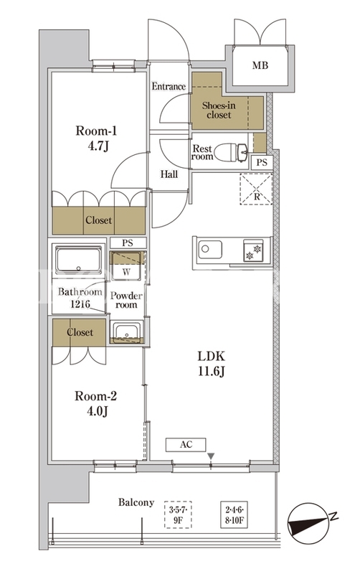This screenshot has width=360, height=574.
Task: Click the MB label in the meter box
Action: (260, 65)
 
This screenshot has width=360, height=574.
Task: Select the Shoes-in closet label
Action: (219, 110)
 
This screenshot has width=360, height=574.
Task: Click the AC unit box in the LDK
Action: (186, 445)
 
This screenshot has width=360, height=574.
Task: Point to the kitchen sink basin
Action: (210, 249)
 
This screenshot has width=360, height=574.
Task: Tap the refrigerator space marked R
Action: (256, 189)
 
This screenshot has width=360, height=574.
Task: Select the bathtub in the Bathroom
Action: (79, 260)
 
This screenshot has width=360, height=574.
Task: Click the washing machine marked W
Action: (126, 265)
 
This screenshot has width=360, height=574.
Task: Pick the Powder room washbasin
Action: (127, 332)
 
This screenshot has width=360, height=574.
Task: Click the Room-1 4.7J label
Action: (96, 138)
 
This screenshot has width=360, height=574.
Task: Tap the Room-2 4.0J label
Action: (96, 403)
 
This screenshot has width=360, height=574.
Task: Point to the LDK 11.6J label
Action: (211, 363)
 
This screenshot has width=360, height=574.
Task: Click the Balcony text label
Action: (136, 502)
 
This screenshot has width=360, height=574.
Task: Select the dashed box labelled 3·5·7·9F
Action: (178, 514)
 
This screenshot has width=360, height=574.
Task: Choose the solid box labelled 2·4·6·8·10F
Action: (235, 514)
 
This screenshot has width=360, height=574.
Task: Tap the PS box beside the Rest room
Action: (262, 162)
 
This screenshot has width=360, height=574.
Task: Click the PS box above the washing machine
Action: (128, 243)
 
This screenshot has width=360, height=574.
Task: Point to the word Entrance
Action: (169, 86)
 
